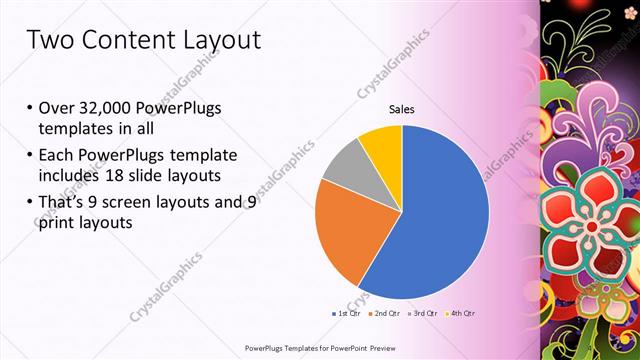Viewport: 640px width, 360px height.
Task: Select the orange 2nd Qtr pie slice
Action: (x=345, y=228)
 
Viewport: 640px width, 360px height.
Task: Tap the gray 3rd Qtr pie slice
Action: (x=342, y=165)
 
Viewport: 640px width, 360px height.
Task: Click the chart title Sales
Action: (x=401, y=110)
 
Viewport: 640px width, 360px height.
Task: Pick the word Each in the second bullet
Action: (x=57, y=156)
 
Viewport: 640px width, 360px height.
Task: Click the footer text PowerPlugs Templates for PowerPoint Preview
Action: (x=319, y=347)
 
